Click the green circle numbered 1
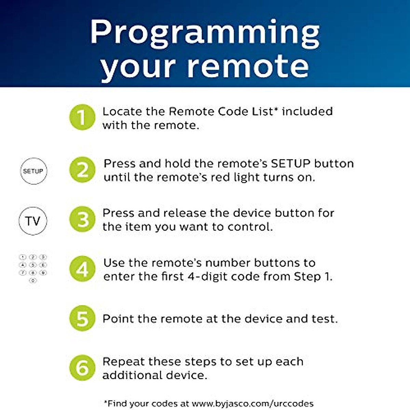[82, 118]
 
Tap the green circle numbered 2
[82, 170]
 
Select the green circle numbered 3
[82, 219]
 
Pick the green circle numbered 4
[82, 269]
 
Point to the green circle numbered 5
[82, 318]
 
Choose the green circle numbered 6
[82, 368]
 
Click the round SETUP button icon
[33, 171]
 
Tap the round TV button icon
[33, 221]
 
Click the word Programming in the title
[205, 33]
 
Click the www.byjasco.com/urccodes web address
[252, 404]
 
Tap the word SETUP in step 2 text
[291, 163]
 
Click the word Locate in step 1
[122, 111]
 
